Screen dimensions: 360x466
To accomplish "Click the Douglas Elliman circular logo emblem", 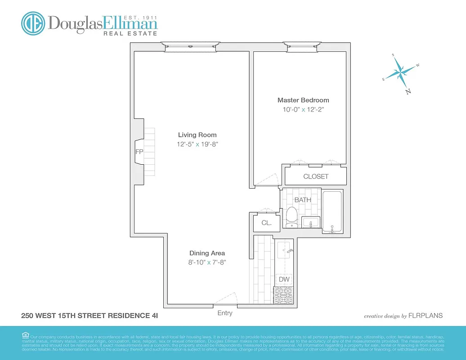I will pos(33,23).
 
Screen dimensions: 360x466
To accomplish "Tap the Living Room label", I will pos(197,135).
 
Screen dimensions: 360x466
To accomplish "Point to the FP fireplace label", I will pos(139,152).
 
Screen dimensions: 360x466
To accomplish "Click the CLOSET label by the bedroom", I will pos(316,176).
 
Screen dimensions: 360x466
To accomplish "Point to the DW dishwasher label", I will pos(284,279).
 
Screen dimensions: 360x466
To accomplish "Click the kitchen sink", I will pos(284,249).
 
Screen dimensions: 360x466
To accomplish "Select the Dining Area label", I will pos(207,253).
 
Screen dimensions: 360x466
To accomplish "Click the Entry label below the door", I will pos(225,313).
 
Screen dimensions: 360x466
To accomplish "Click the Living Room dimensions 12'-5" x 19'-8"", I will pos(197,144).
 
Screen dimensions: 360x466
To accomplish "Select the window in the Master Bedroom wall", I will pos(302,46).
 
